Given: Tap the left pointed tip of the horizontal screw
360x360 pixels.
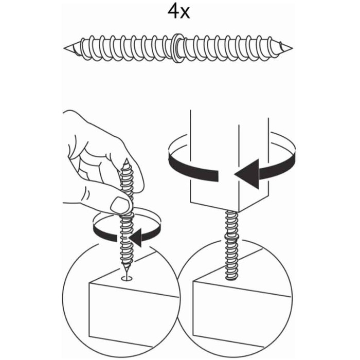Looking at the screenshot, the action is (64, 48).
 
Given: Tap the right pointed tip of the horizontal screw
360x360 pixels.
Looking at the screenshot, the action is (292, 48).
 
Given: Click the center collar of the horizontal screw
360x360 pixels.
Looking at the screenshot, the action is (177, 48).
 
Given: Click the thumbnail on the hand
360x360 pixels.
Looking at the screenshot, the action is (119, 204).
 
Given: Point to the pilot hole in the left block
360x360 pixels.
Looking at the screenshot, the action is (127, 279).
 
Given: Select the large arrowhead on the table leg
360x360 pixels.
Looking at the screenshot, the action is (247, 174).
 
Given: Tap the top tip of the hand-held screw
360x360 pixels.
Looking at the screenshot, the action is (126, 159).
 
